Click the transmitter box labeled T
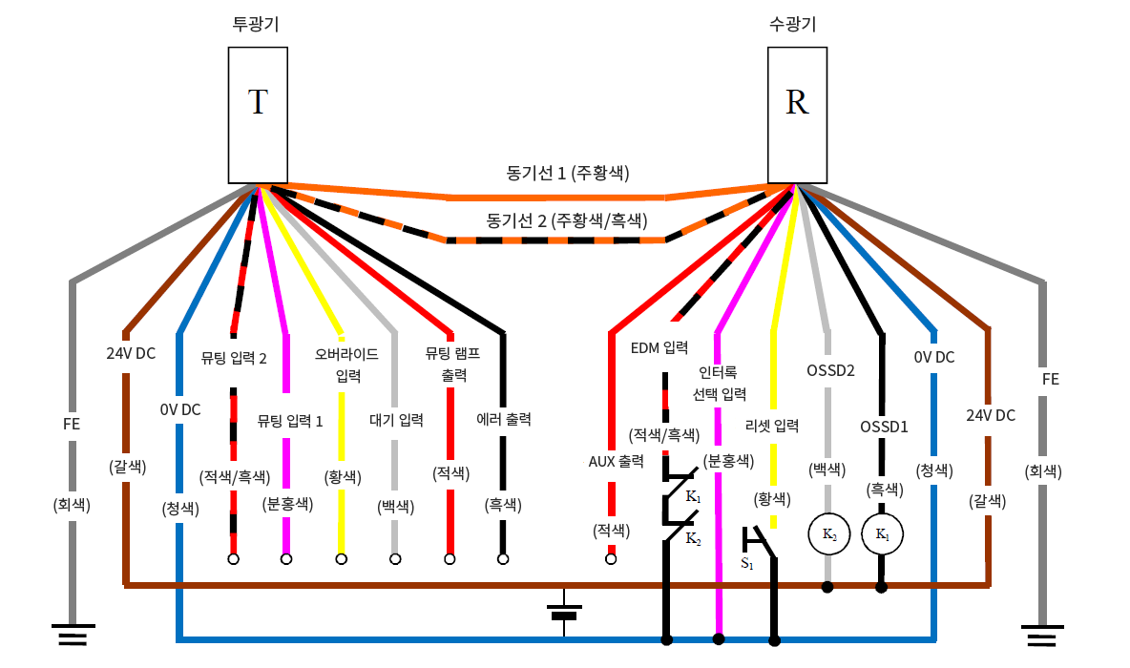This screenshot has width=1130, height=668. [x=257, y=115]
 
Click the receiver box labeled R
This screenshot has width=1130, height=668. [x=797, y=115]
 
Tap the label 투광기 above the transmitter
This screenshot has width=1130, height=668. [x=256, y=25]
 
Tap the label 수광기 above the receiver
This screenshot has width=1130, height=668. [x=797, y=25]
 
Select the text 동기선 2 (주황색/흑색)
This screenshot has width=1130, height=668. [x=567, y=221]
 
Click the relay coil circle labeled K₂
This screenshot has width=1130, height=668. [x=827, y=535]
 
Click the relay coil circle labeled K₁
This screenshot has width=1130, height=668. [x=881, y=535]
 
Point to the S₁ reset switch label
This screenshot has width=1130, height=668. [x=746, y=563]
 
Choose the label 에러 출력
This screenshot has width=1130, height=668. [x=503, y=418]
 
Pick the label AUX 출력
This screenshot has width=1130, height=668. [x=616, y=461]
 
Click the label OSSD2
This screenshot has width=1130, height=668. [x=829, y=370]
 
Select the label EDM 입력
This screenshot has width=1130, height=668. [x=659, y=346]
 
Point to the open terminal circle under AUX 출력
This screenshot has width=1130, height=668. [x=611, y=559]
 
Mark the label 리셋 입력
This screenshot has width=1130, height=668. [x=772, y=426]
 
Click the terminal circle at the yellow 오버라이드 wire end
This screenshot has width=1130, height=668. [x=340, y=559]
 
